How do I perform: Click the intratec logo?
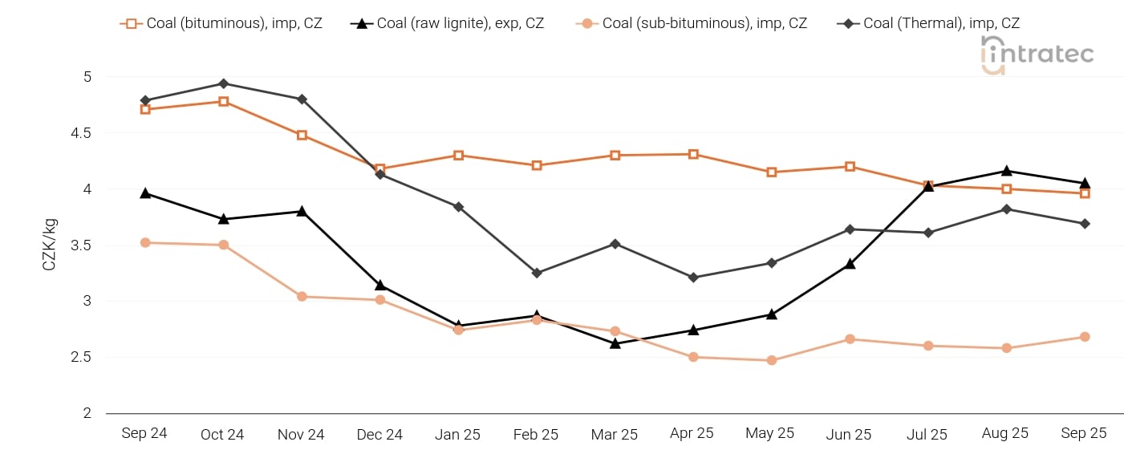[x=1037, y=55]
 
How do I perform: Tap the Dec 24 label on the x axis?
[x=379, y=435]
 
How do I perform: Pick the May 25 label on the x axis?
[x=771, y=433]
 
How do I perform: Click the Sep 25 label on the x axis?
[x=1084, y=433]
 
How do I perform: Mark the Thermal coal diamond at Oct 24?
[x=223, y=83]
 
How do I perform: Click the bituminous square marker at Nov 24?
[x=302, y=135]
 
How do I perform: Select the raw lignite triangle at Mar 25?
[x=615, y=343]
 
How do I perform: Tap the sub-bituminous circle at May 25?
[x=772, y=360]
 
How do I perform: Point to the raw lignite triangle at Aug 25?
[x=1006, y=171]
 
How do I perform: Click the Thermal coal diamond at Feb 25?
[x=537, y=273]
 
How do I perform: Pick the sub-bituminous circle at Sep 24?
[x=145, y=242]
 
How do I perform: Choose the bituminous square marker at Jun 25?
[x=850, y=166]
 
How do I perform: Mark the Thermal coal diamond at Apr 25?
[x=693, y=278]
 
